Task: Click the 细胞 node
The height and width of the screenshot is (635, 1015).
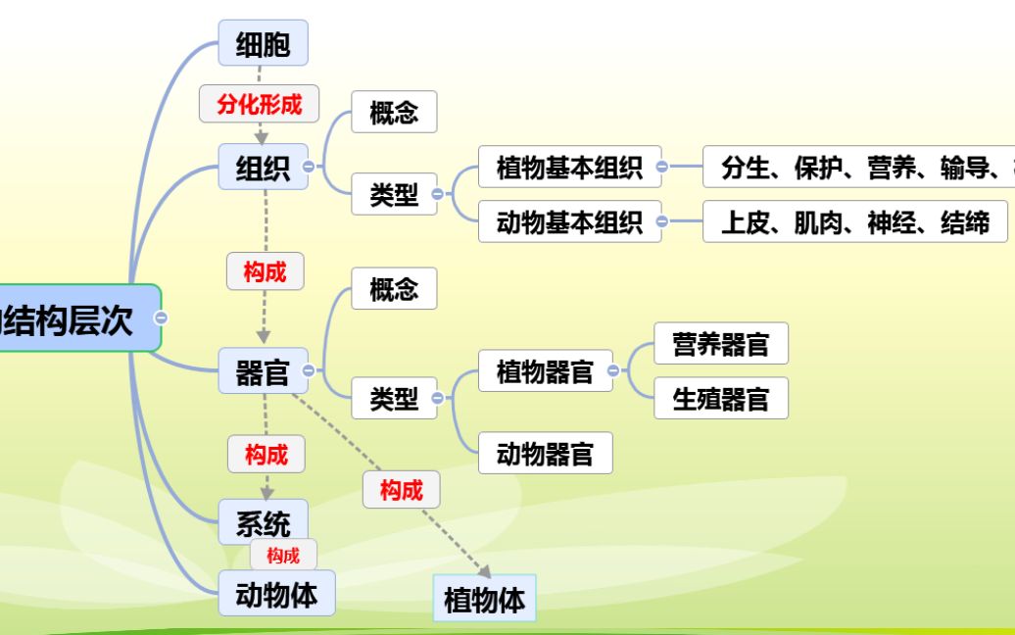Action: coord(263,44)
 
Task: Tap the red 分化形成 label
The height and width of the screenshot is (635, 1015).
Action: coord(260,104)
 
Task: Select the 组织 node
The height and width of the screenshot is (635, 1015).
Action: coord(263,168)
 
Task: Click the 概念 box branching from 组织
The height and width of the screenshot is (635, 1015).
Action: coord(394,113)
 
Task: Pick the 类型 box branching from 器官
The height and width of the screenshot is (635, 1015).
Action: coord(394,398)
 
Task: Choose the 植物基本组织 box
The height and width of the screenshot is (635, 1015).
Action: coord(569,168)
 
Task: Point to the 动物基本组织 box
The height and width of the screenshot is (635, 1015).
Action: coord(569,222)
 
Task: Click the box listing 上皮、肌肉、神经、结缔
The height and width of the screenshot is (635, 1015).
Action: coord(855,222)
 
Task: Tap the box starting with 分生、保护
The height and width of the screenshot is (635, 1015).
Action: coord(862,168)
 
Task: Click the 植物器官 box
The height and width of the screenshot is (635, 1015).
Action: coord(545,371)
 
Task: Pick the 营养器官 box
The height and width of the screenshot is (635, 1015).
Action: coord(720,344)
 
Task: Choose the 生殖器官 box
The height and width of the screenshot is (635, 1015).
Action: coord(720,399)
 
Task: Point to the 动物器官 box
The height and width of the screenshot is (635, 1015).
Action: coord(545,454)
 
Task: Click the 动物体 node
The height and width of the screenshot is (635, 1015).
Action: coord(276,594)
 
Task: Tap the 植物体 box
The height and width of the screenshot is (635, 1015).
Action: coord(484,599)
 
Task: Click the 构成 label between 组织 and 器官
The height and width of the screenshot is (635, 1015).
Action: coord(265,271)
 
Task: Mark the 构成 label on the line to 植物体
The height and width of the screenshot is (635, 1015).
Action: coord(401,490)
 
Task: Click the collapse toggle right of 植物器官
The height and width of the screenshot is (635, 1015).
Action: coord(613,371)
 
